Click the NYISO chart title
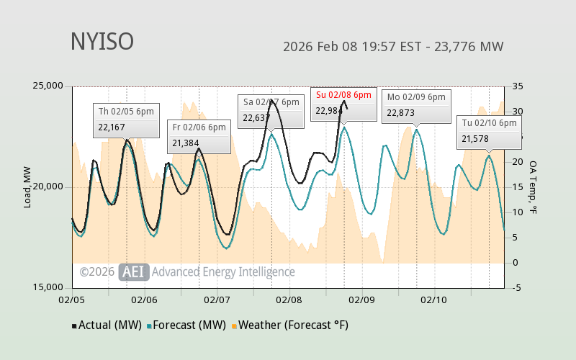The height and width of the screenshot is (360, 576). coord(102,42)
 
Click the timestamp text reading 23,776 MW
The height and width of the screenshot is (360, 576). coord(393,48)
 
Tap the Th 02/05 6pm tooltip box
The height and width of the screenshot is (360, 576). coord(127,120)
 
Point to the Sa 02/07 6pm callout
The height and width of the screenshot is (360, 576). coord(271,110)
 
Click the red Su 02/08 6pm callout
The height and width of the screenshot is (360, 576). coord(343,103)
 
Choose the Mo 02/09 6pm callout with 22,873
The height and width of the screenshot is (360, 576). coord(416,105)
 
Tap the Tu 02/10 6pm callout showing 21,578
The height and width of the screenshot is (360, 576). coord(489,131)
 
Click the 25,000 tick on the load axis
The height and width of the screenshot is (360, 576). coord(49,86)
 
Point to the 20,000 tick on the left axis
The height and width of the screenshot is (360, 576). coord(49,187)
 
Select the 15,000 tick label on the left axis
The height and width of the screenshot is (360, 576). coord(49,288)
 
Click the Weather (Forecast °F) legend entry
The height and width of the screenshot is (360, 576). coord(290,325)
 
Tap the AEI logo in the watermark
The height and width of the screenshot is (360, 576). coord(133,271)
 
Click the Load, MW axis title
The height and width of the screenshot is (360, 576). coord(27,187)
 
